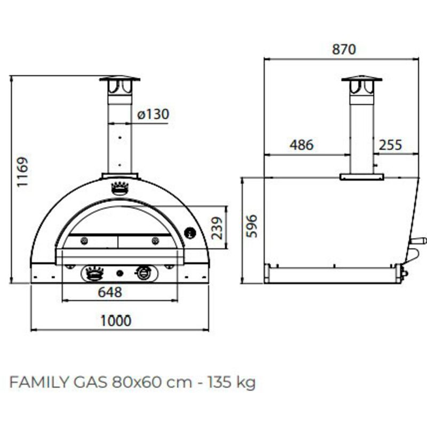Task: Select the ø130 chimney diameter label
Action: (x=153, y=114)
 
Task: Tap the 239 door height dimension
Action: (x=216, y=228)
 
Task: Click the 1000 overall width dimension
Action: (x=116, y=320)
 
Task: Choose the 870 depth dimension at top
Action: (x=343, y=50)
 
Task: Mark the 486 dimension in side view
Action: (x=302, y=145)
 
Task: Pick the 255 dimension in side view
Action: (x=391, y=145)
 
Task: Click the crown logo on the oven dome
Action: (x=120, y=187)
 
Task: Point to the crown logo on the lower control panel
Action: (x=94, y=273)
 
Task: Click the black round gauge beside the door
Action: (x=190, y=233)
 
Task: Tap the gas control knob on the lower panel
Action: (x=144, y=273)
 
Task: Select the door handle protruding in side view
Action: (x=420, y=241)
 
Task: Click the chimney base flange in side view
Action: (x=362, y=177)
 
